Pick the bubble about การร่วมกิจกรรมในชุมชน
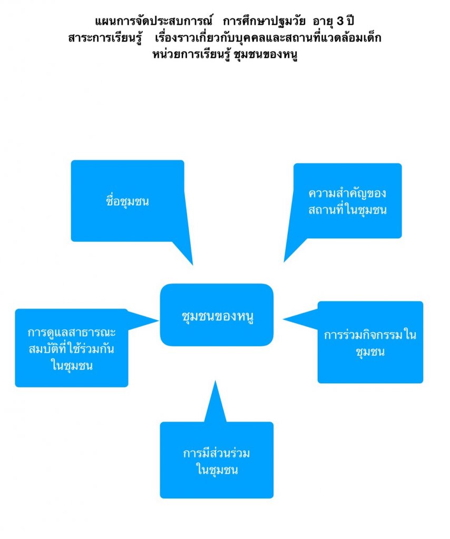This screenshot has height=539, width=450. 370,342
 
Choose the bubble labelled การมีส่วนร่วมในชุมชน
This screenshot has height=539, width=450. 217,460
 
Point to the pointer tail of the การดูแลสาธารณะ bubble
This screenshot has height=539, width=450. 142,319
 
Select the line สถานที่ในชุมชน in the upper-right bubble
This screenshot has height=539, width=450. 348,210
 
